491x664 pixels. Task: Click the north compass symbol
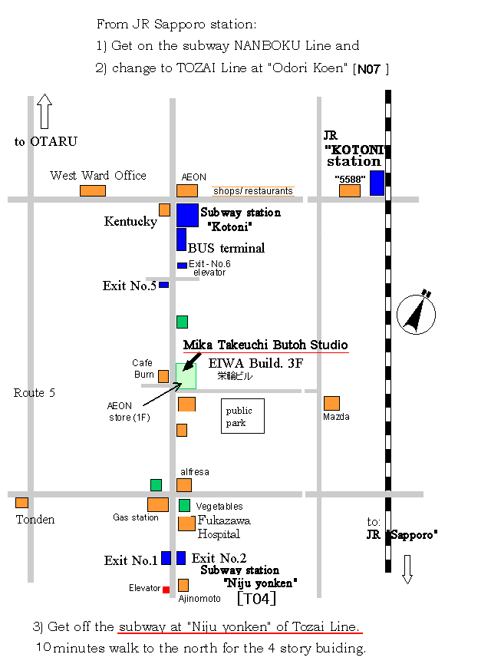pos(416,312)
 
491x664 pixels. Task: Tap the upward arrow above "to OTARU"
pos(44,111)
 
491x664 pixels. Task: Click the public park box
pos(242,416)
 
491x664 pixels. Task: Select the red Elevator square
pos(166,590)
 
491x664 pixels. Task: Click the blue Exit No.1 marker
pos(166,558)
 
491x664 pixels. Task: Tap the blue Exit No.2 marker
pos(181,558)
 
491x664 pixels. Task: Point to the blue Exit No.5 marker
pos(164,285)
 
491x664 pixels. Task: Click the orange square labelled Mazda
pos(332,403)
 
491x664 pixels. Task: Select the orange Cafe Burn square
pos(163,376)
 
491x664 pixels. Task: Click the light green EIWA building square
pos(186,376)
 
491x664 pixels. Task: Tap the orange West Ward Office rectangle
pos(93,190)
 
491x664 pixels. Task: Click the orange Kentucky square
pos(165,210)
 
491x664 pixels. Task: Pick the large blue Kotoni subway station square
pos(187,215)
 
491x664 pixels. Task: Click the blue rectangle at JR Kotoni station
pos(377,183)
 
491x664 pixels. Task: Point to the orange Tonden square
pos(22,503)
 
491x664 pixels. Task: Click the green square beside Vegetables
pos(185,505)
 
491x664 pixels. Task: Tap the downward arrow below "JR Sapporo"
pos(407,570)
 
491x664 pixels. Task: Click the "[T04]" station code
pos(256,599)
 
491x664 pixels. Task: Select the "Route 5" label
pos(35,393)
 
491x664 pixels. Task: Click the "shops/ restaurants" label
pos(253,191)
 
